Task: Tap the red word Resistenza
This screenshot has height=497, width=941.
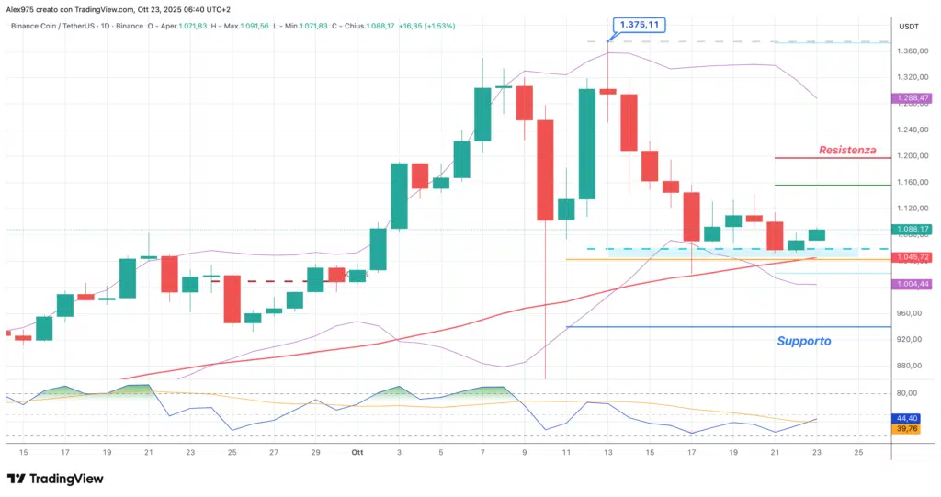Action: pos(847,149)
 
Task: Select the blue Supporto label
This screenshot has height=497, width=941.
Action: pos(804,341)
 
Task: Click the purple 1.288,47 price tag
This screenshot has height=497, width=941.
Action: pos(913,97)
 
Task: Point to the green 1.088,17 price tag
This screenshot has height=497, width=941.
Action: pos(913,229)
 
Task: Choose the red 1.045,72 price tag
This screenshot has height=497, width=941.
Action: pos(913,256)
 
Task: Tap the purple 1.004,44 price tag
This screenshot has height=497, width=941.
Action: pos(913,284)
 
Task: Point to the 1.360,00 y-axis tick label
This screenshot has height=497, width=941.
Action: pos(912,51)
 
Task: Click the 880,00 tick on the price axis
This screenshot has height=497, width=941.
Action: pos(912,366)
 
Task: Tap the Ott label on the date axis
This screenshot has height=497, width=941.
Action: pos(356,452)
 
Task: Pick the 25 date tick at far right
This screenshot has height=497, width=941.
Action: pos(858,452)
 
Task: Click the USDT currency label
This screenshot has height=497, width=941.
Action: pos(910,27)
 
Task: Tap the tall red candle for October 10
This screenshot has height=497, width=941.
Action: pos(545,170)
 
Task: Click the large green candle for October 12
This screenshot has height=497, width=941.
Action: pos(587,143)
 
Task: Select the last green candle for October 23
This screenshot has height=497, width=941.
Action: pos(816,235)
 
